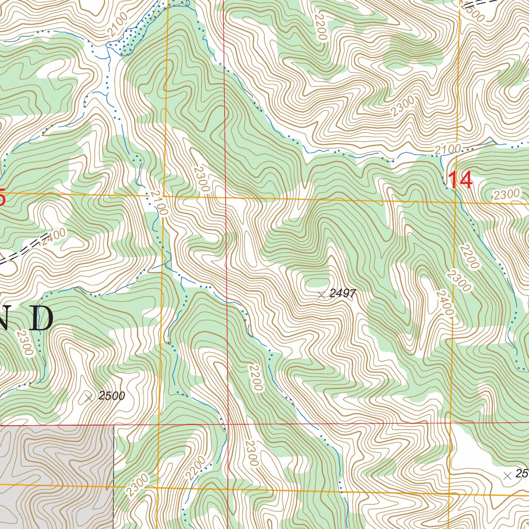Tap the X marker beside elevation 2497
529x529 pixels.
pyautogui.click(x=321, y=294)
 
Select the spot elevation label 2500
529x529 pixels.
pyautogui.click(x=112, y=396)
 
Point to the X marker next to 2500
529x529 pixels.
pyautogui.click(x=88, y=397)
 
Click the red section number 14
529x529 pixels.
pyautogui.click(x=459, y=180)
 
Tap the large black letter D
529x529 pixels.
pyautogui.click(x=40, y=318)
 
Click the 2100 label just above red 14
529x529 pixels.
pyautogui.click(x=447, y=149)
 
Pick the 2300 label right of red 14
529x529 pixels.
pyautogui.click(x=506, y=195)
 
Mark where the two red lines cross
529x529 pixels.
pyautogui.click(x=226, y=425)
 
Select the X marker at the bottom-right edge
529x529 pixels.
pyautogui.click(x=507, y=475)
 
